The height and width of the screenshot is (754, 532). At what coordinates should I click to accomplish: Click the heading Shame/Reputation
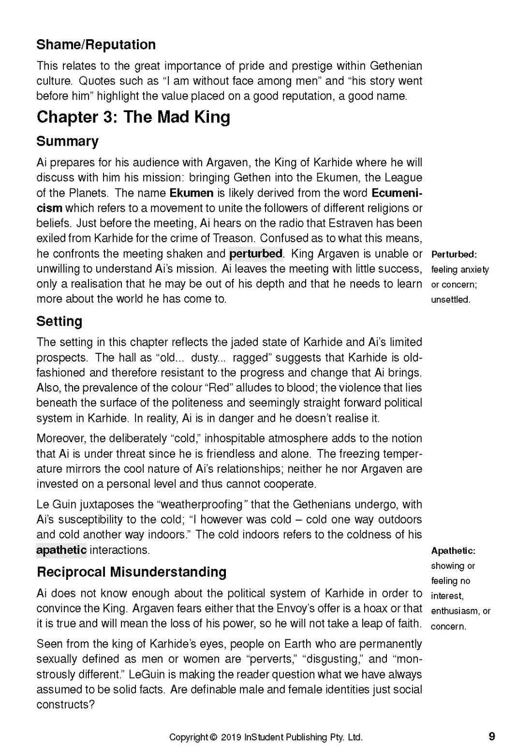click(x=96, y=45)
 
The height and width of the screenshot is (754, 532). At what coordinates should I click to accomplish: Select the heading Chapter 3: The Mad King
click(x=133, y=117)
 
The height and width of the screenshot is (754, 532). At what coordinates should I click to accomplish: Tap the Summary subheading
click(x=67, y=142)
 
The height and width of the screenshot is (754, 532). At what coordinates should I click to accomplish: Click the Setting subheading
click(x=59, y=321)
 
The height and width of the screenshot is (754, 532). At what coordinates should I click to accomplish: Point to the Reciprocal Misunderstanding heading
click(x=132, y=572)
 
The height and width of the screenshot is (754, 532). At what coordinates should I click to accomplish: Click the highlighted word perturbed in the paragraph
click(x=256, y=254)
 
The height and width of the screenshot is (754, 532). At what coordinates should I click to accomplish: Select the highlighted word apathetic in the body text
click(x=61, y=550)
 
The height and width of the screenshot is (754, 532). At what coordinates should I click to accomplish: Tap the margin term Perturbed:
click(x=454, y=255)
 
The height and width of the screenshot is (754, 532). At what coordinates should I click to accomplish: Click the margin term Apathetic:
click(x=453, y=551)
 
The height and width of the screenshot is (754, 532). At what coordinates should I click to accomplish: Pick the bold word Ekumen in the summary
click(x=191, y=193)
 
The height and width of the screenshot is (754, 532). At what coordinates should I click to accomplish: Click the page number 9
click(x=492, y=737)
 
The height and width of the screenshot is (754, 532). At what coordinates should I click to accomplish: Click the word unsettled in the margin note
click(x=450, y=300)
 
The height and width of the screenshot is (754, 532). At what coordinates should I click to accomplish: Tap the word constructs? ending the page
click(x=65, y=705)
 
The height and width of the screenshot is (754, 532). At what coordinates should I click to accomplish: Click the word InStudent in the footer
click(x=264, y=737)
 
